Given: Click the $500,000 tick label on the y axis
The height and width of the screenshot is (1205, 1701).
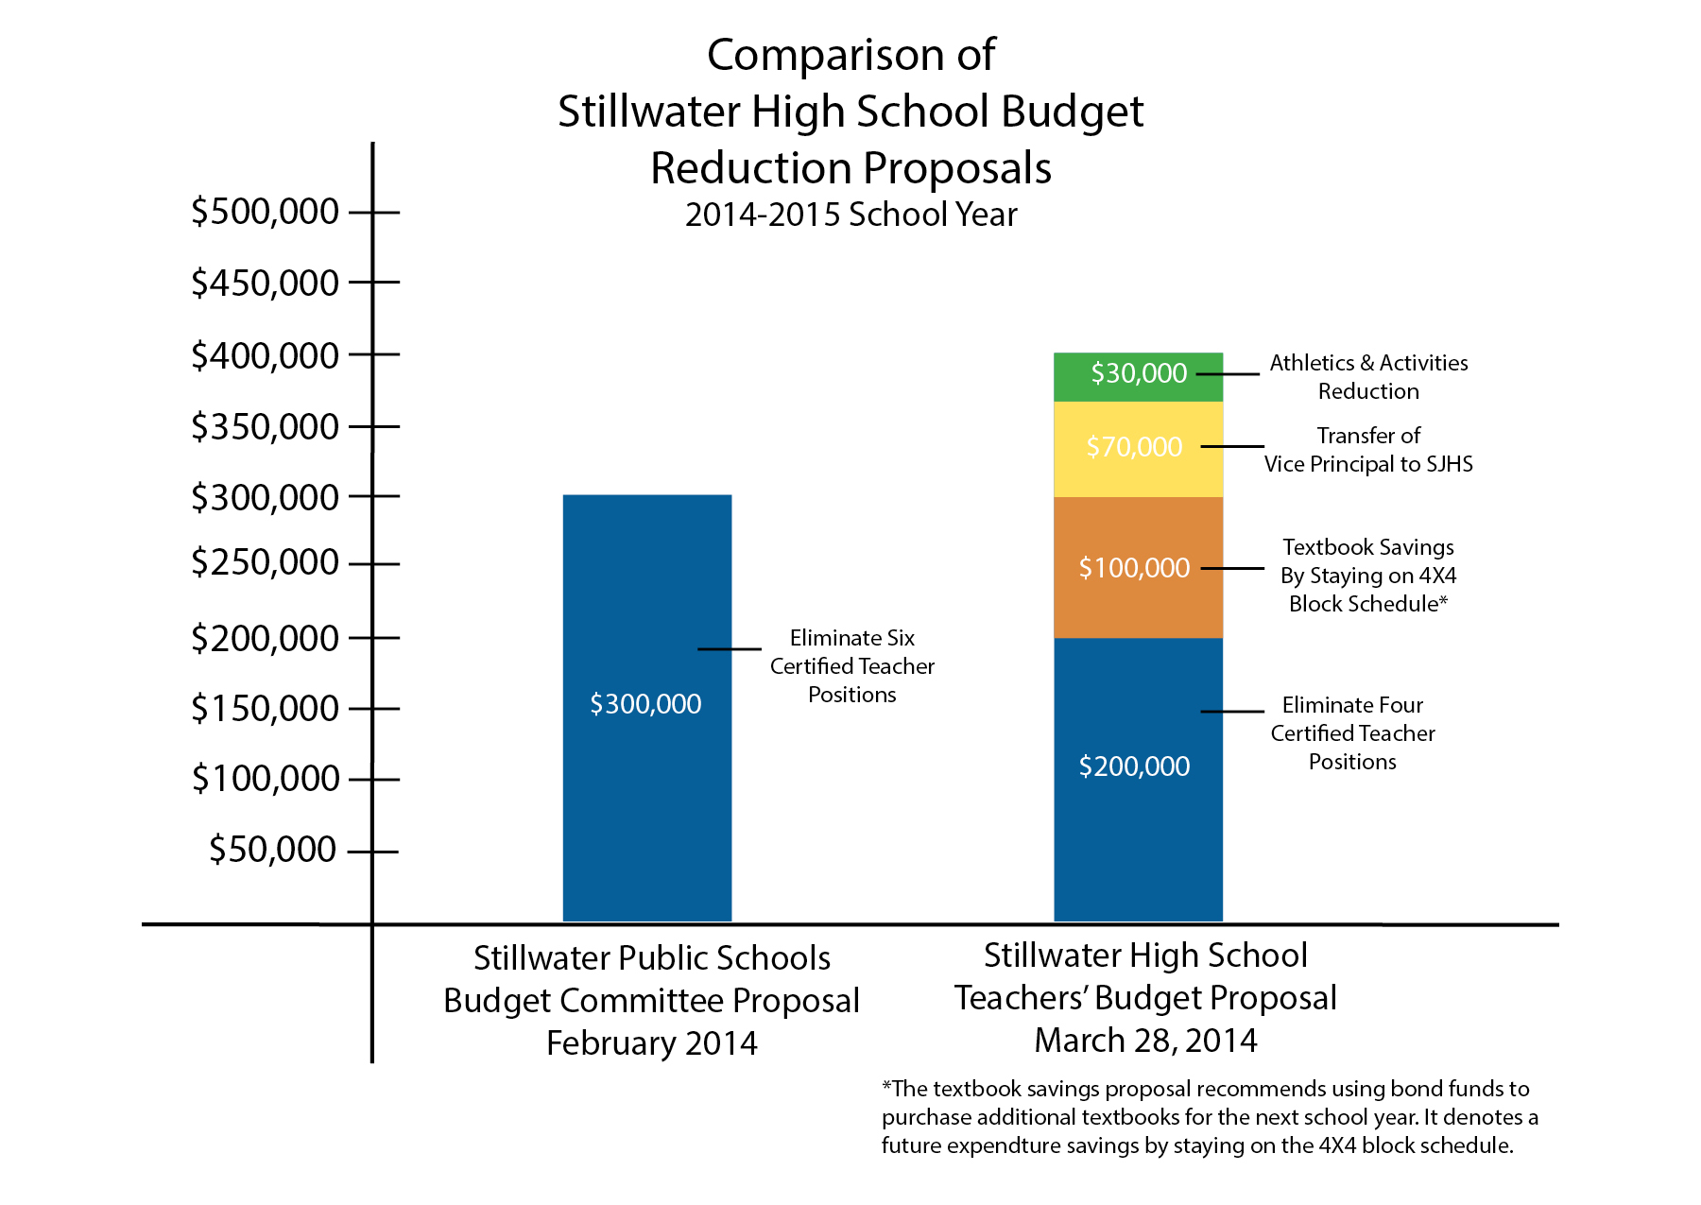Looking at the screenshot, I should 265,212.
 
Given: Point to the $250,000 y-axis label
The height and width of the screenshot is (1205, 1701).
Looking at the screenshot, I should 265,563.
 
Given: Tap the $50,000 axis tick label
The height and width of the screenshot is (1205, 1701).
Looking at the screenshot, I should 272,850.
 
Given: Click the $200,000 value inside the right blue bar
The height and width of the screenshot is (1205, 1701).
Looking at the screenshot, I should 1134,766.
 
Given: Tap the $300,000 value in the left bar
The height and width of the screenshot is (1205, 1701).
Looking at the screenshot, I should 645,704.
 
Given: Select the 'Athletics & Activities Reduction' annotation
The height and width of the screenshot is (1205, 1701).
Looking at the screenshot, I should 1368,377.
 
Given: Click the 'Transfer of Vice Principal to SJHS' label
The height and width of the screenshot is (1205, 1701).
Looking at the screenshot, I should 1368,450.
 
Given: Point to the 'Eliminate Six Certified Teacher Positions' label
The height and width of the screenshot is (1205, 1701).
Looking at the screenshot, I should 851,666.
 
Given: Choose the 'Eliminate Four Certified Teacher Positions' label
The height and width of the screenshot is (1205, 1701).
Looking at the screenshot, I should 1352,733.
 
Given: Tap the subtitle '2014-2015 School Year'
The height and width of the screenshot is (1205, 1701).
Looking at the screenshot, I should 850,215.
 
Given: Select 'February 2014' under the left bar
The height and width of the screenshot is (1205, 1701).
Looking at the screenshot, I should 652,1043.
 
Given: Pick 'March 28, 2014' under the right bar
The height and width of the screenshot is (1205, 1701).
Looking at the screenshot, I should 1145,1041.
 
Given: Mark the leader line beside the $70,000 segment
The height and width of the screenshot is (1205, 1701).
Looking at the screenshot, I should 1231,446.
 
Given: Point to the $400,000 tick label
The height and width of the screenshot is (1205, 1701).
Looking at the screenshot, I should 265,356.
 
